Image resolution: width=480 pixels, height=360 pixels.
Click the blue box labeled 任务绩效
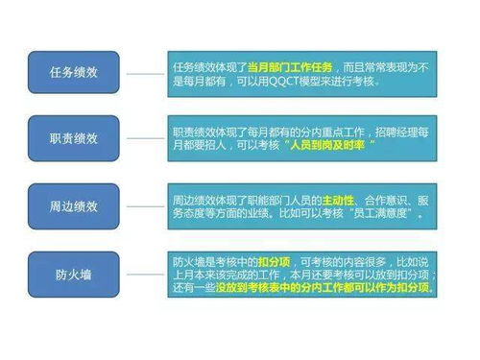tap(73, 73)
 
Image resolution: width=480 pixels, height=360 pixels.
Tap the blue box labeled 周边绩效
tap(73, 205)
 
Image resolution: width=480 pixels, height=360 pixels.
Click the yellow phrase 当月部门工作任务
tap(291, 66)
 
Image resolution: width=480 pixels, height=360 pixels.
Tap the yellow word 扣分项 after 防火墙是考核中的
tap(274, 261)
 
